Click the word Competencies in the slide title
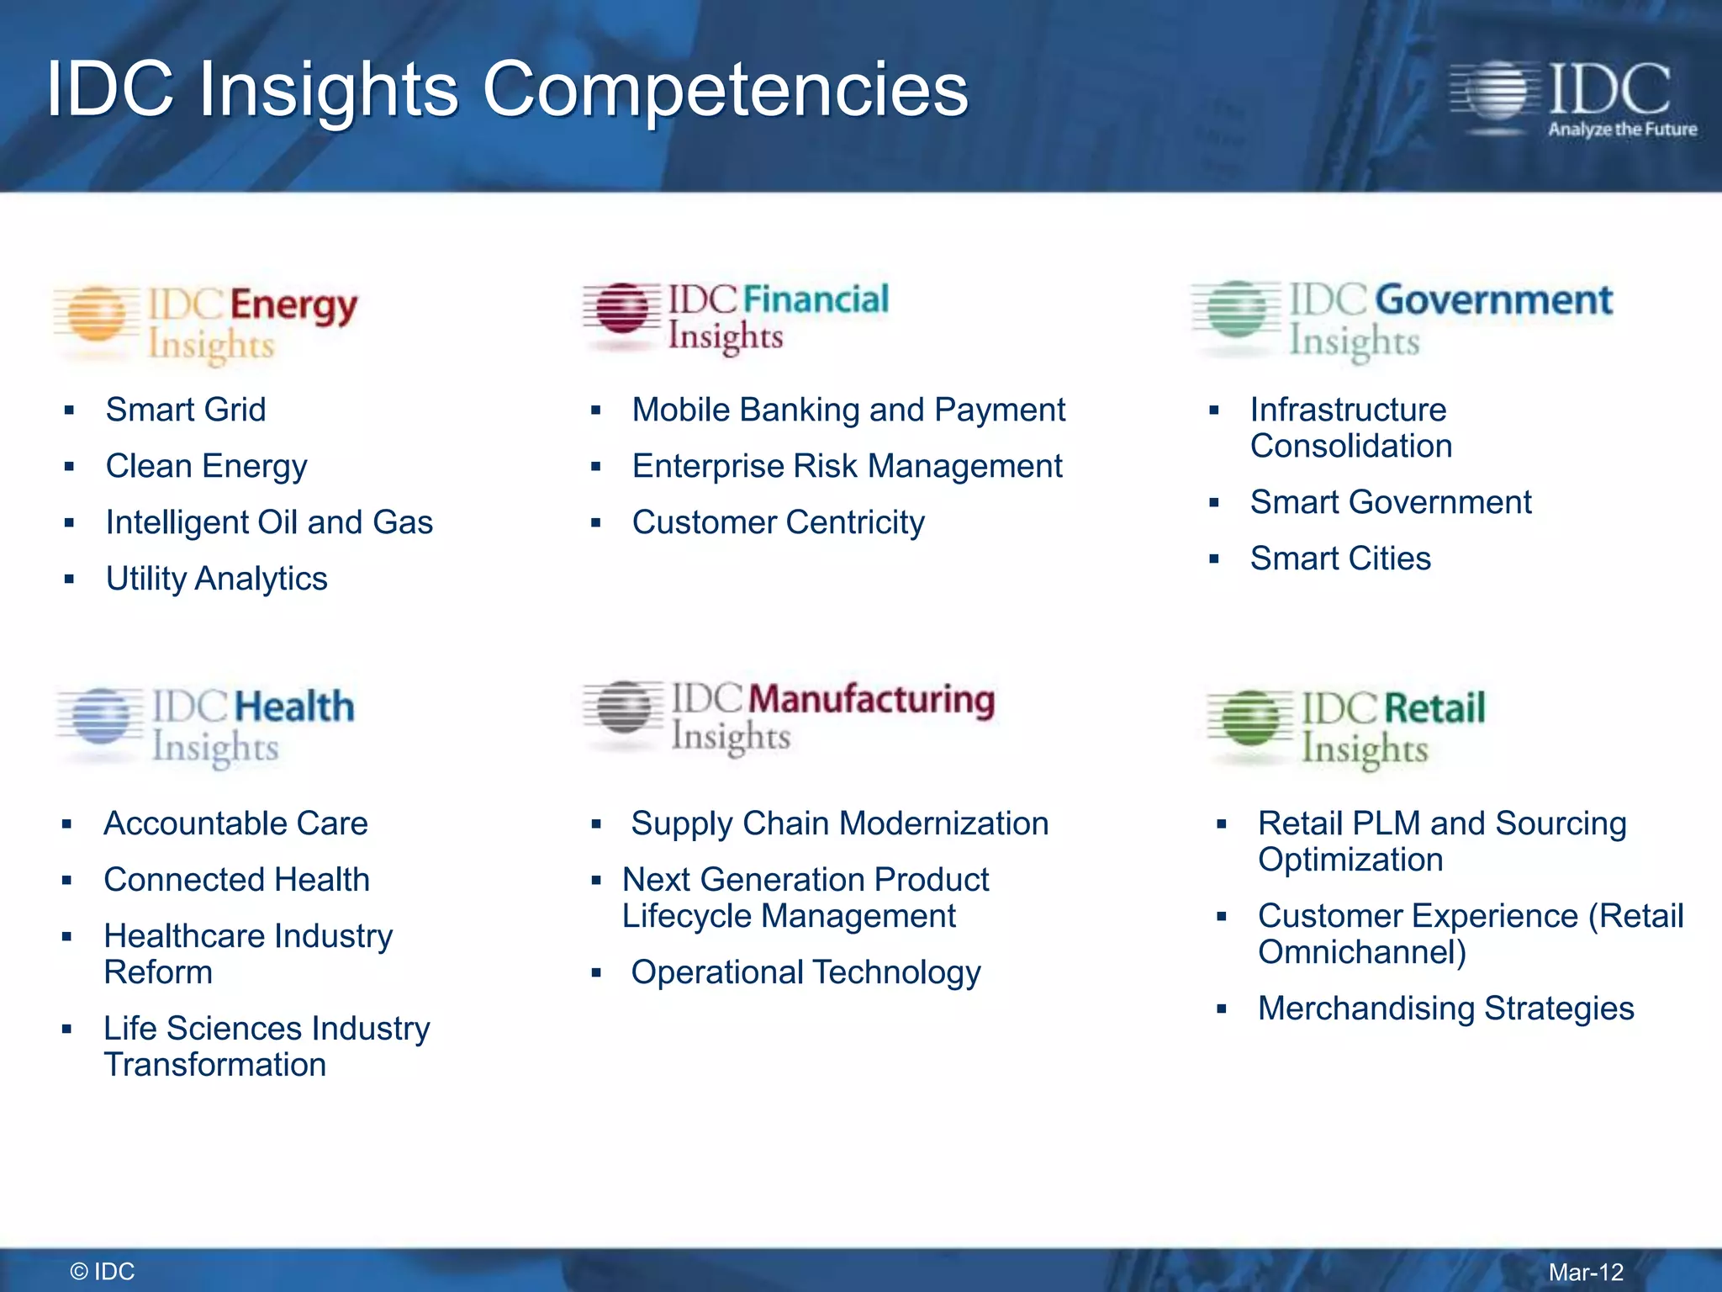point(725,91)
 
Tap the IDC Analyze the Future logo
point(1572,99)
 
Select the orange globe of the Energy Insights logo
point(98,315)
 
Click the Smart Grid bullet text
point(186,410)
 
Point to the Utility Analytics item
point(216,579)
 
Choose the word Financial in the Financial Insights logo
point(816,299)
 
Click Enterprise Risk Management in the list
point(847,466)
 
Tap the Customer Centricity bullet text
point(778,522)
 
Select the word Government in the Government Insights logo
point(1493,300)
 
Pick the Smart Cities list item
point(1340,559)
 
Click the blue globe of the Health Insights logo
point(101,716)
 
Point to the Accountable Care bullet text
point(235,823)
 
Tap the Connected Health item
point(236,880)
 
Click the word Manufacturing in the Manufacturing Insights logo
point(871,700)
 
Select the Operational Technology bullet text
point(806,972)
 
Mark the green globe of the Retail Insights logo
point(1251,718)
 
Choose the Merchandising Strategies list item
point(1445,1009)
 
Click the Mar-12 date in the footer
point(1586,1272)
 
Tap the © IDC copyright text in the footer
point(103,1272)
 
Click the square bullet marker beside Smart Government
point(1213,503)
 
